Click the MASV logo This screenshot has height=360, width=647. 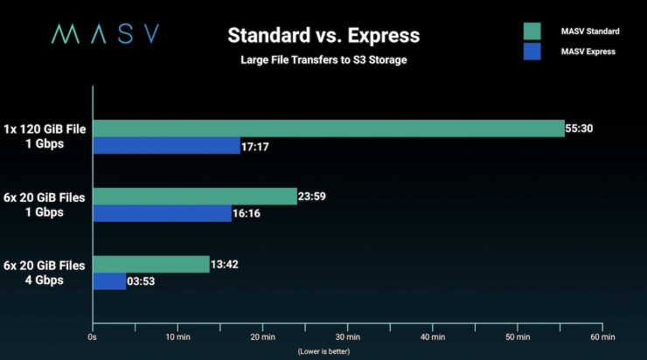click(x=104, y=34)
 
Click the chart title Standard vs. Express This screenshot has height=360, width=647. click(x=323, y=36)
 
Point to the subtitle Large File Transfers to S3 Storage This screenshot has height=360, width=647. click(x=323, y=60)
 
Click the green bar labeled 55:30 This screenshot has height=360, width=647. click(x=328, y=128)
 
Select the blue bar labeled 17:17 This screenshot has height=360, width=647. click(x=166, y=146)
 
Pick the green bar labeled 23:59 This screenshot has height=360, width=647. click(x=195, y=197)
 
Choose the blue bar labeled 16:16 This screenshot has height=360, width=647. click(x=162, y=214)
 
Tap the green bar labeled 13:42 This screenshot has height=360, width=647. click(x=151, y=265)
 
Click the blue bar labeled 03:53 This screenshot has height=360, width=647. click(x=109, y=281)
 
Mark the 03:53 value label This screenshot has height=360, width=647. click(x=143, y=281)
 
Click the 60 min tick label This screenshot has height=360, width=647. click(x=602, y=337)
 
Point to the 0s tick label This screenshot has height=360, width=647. click(x=93, y=337)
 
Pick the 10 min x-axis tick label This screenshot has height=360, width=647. click(x=177, y=337)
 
